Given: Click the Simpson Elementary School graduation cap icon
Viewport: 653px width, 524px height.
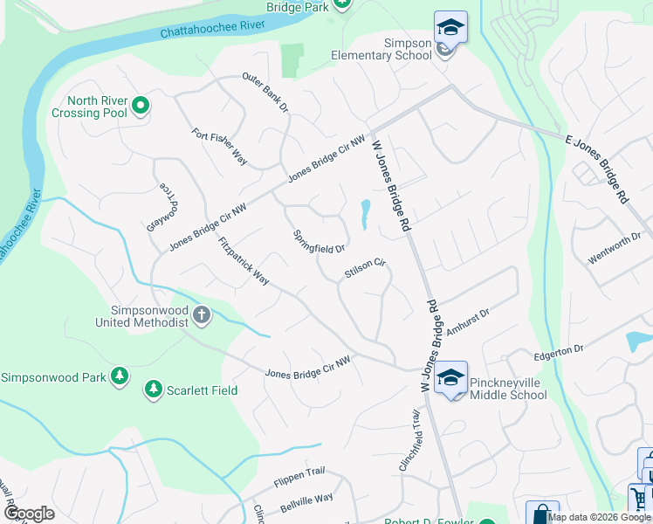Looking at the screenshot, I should click(x=450, y=27).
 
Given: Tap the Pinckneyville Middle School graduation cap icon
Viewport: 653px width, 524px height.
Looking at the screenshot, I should click(x=450, y=378).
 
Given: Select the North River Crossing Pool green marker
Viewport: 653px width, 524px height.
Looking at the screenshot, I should click(x=141, y=107).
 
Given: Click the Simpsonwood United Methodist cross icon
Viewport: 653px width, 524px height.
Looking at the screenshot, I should click(x=202, y=314).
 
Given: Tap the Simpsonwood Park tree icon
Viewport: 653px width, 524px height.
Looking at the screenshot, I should click(x=119, y=377).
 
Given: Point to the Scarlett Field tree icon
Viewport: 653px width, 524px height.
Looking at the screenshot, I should click(x=154, y=390).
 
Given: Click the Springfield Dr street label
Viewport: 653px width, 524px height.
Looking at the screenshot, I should click(x=319, y=242).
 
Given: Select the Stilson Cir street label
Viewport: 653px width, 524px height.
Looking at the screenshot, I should click(x=365, y=267).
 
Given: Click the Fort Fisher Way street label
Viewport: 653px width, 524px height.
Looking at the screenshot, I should click(x=220, y=147).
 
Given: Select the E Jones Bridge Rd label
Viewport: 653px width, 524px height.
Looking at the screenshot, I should click(x=597, y=170).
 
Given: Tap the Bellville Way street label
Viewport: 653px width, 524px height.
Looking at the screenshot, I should click(x=306, y=503).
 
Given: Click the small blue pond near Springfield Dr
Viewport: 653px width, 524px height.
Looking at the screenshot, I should click(x=365, y=212).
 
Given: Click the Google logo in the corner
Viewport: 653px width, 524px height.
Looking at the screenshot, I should click(x=29, y=514).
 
